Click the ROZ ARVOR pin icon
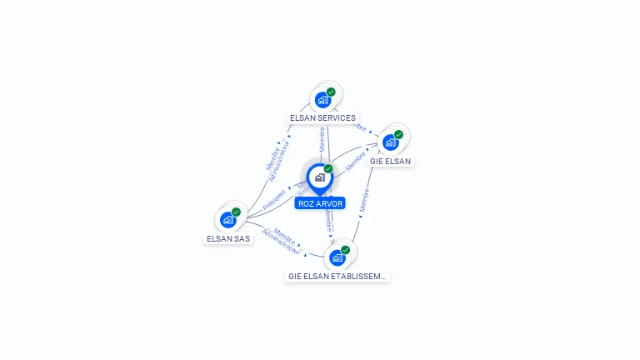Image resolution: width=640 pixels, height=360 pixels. [x=319, y=177]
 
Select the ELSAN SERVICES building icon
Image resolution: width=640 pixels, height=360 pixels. [x=322, y=100]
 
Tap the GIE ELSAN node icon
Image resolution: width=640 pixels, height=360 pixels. [x=390, y=142]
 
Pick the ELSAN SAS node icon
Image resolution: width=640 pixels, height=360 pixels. [x=227, y=220]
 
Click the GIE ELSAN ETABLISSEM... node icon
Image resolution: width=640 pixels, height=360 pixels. [x=337, y=257]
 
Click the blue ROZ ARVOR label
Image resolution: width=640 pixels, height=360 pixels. [x=320, y=203]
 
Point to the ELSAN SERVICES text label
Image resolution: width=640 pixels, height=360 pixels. [x=322, y=118]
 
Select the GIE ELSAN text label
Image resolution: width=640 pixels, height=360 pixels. [x=390, y=161]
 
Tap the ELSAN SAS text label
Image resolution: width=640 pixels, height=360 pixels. [x=227, y=238]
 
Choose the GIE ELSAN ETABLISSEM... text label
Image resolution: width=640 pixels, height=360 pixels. [x=337, y=276]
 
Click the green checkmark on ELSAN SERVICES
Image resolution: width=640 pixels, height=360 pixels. [x=331, y=92]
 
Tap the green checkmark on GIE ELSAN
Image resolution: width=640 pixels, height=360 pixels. [x=398, y=134]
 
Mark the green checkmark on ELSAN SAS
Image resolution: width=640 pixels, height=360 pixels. [x=236, y=212]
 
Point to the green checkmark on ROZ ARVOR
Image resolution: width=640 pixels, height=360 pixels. [x=328, y=168]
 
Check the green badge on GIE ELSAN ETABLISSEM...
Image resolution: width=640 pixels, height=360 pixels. [x=345, y=249]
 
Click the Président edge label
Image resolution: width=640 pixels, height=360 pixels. [x=274, y=199]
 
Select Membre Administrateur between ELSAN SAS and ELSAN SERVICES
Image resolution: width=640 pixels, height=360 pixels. [x=278, y=157]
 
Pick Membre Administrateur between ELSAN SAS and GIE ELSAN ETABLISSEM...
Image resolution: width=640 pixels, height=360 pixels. [x=281, y=241]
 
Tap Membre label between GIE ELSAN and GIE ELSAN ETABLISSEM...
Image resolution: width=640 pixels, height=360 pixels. [x=364, y=198]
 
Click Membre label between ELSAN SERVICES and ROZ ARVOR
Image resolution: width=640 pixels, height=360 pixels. [x=322, y=138]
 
